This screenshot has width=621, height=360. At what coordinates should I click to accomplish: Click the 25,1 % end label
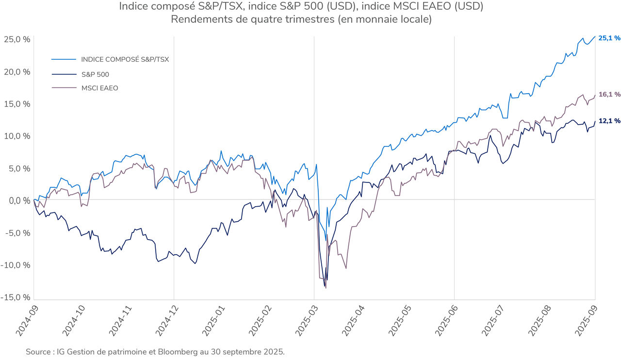[x=609, y=38]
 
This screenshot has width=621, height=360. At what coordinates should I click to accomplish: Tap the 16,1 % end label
[x=609, y=94]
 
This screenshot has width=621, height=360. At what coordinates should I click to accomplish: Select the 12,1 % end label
[x=609, y=121]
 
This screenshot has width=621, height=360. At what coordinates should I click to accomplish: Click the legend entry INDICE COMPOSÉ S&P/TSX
[x=125, y=59]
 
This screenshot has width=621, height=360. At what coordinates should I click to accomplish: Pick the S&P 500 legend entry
[x=95, y=75]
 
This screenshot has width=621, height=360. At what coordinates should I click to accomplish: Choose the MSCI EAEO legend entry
[x=99, y=88]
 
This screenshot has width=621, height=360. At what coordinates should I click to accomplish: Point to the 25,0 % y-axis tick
[x=18, y=39]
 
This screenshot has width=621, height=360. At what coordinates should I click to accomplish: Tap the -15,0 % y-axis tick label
[x=16, y=297]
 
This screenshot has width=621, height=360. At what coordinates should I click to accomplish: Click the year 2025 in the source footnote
[x=275, y=351]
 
